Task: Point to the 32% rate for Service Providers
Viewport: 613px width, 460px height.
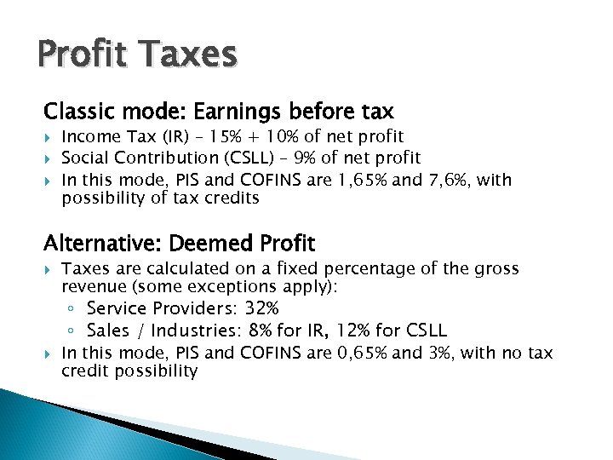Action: (261, 308)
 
